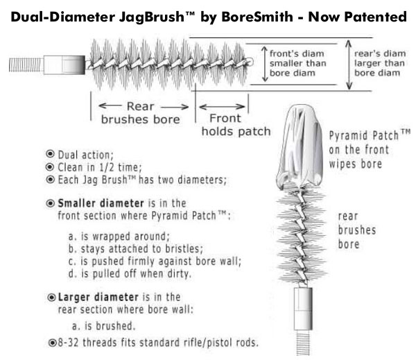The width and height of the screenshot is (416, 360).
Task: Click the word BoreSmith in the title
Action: pos(257,17)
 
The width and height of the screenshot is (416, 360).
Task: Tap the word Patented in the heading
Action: pos(375,17)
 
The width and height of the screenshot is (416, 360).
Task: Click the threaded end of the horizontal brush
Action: pos(26,65)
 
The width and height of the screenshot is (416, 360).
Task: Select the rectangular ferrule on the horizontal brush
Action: pos(64,65)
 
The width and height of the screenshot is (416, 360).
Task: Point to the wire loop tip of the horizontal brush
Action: pos(250,62)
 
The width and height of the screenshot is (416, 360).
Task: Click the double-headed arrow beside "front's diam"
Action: pos(265,64)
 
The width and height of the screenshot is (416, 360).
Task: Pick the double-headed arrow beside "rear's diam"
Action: pos(349,65)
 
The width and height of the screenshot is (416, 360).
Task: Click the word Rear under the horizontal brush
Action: pos(140,106)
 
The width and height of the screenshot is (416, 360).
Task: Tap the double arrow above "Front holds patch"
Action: pos(222,107)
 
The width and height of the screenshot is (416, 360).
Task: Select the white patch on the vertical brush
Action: pos(300,146)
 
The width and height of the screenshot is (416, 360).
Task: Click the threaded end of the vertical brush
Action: pos(303,342)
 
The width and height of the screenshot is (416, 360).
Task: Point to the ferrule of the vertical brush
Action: pos(303,309)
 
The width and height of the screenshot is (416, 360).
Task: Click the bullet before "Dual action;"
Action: pos(50,154)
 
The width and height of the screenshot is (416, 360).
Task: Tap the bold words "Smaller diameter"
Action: pos(101,203)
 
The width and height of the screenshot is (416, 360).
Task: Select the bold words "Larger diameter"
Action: pos(98,297)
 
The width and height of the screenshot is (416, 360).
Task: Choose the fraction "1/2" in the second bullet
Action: pos(107,167)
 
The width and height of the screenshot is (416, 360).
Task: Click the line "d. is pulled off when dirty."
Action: pos(130,273)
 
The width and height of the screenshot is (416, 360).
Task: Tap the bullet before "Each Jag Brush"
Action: pos(50,180)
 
